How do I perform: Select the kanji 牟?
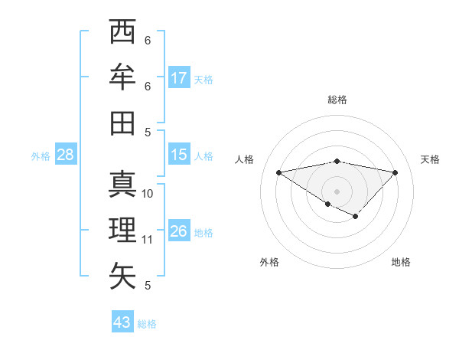(123, 77)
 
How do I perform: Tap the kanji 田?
(123, 123)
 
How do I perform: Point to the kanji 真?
(123, 184)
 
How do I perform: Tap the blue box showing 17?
(179, 77)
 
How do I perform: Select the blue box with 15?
(179, 155)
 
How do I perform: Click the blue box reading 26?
(179, 231)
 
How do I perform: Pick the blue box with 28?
(65, 155)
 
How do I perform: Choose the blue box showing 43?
(122, 322)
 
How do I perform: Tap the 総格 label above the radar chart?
(337, 100)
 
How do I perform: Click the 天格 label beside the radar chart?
(430, 159)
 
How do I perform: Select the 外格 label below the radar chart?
(269, 262)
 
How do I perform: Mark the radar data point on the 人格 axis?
(279, 172)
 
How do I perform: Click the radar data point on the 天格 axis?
(396, 172)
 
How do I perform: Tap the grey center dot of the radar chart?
(337, 191)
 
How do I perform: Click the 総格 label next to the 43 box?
(147, 324)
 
